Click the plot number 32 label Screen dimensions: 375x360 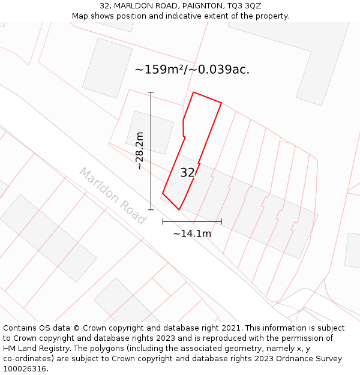point(187,173)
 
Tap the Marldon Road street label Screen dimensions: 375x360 point(113,196)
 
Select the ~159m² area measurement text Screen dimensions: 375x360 point(160,70)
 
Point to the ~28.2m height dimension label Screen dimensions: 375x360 point(140,151)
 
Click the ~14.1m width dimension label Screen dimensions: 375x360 point(192,233)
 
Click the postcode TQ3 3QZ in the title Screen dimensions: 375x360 point(244,6)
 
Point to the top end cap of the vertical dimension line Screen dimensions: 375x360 point(151,92)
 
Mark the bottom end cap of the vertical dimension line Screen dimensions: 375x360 point(151,209)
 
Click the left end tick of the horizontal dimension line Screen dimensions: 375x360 point(163,221)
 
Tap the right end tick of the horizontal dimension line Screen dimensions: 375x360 point(221,221)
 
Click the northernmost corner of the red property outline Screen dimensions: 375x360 point(193,92)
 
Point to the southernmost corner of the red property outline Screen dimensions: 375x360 point(179,209)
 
